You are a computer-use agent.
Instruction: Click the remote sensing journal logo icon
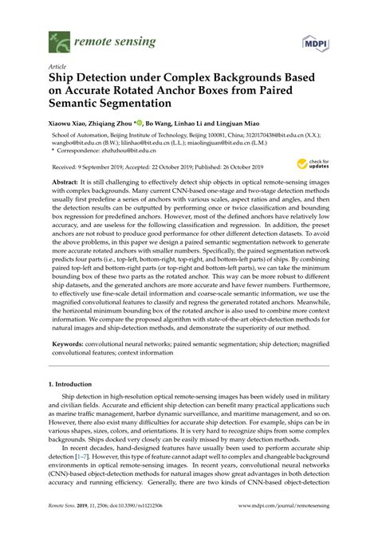pyautogui.click(x=57, y=37)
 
